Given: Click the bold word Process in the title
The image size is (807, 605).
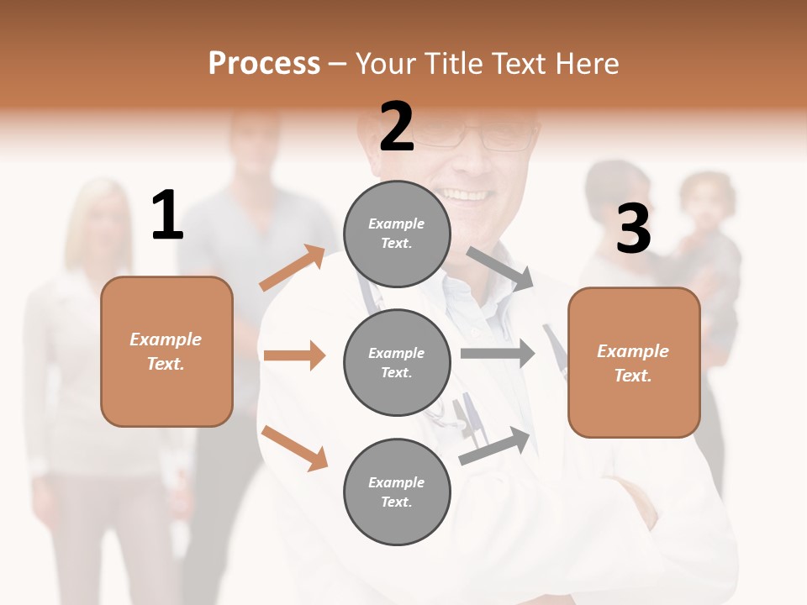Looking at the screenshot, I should (264, 63).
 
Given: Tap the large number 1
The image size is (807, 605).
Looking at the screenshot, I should (167, 216).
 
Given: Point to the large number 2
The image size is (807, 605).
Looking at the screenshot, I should (397, 127).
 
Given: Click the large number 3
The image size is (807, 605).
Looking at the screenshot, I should (633, 229).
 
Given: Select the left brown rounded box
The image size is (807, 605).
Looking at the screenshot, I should (166, 351).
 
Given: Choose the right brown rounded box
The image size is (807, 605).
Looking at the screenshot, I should (634, 363).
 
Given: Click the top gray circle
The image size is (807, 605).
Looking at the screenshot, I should (397, 234).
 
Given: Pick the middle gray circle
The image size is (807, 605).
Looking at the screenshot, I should (397, 362).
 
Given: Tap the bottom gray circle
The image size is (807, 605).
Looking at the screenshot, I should (397, 492).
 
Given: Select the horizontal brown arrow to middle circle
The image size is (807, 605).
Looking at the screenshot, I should (294, 355).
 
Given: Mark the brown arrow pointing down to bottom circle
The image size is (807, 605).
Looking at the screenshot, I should (294, 448).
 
